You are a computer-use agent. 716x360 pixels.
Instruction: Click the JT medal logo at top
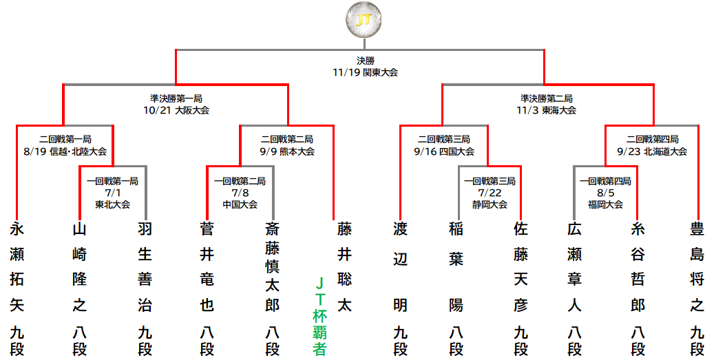point(365,21)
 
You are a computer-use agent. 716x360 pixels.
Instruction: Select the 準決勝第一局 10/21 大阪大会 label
point(176,104)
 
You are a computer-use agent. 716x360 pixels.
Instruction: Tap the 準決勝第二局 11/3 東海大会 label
point(547,104)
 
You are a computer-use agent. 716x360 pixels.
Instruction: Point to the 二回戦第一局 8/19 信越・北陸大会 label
point(65,145)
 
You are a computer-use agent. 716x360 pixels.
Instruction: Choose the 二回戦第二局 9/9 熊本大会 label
point(287,145)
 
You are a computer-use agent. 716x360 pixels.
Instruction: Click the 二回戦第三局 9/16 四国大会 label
point(444,145)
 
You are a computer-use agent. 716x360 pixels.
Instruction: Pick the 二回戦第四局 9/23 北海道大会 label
point(652,145)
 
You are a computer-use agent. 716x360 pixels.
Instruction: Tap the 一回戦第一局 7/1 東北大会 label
point(112,193)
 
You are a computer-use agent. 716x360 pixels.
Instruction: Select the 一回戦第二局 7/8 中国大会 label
point(240,193)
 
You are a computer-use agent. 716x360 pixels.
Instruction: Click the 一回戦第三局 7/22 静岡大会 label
point(489,193)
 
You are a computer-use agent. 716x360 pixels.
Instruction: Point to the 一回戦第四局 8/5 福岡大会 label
point(605,193)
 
